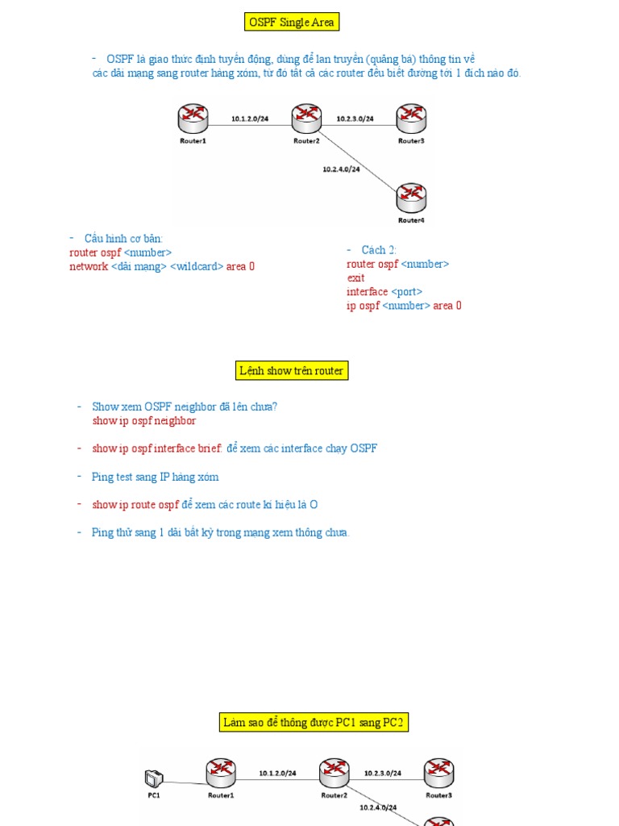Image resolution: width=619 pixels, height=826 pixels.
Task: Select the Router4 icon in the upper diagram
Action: [x=411, y=197]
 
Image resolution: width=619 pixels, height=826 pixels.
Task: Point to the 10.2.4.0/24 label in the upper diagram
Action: [x=340, y=169]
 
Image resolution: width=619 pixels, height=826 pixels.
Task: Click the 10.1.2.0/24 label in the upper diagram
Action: [x=250, y=119]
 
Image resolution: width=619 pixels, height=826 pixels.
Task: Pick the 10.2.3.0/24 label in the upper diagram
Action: [x=355, y=119]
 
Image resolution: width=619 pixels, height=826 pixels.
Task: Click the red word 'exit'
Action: [x=355, y=277]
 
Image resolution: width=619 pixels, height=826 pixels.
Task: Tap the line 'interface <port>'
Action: [x=384, y=291]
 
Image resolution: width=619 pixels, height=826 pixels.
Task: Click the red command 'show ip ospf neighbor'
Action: [x=144, y=420]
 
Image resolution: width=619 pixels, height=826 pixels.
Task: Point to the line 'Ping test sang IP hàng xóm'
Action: [x=155, y=477]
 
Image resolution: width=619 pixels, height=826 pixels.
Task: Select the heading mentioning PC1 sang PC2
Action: [x=314, y=723]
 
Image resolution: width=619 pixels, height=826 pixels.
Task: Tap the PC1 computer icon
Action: [x=152, y=778]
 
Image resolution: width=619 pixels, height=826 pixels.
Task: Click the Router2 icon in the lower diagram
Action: [x=334, y=774]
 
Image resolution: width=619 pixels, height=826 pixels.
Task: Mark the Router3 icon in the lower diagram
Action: [x=438, y=773]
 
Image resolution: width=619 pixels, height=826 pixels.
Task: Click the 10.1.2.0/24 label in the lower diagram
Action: [x=277, y=773]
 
